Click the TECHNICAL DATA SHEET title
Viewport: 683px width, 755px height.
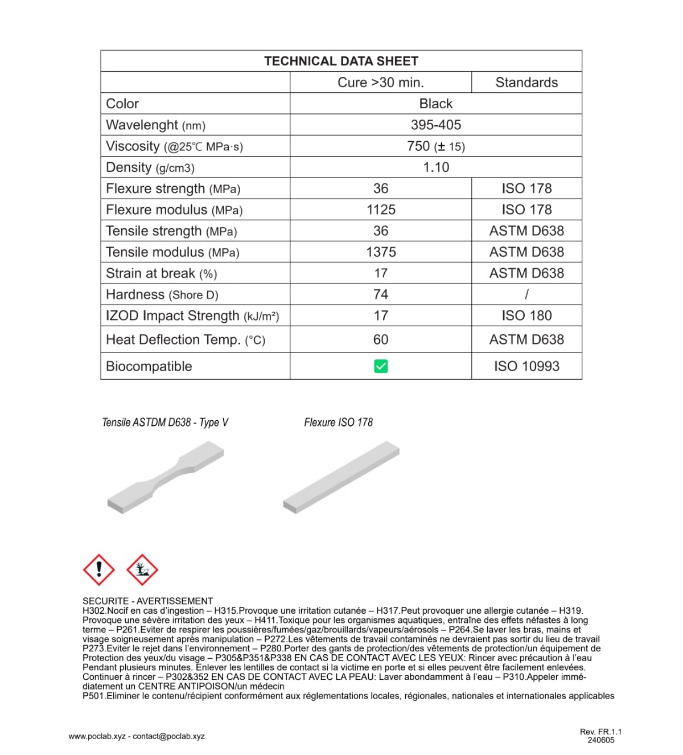coord(341,61)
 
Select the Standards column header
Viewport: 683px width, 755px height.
coord(526,83)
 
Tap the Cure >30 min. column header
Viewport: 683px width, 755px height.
coord(381,83)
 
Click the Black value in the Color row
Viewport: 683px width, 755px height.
coord(436,104)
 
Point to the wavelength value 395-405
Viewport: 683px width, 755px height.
coord(436,125)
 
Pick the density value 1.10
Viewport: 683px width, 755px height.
coord(436,167)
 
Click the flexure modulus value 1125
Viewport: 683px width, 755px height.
coord(381,210)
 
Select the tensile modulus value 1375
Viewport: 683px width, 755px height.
coord(381,252)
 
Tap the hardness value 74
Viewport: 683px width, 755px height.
coord(381,294)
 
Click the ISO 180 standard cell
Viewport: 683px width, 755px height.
coord(526,315)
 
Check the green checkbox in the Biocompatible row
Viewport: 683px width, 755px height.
coord(381,366)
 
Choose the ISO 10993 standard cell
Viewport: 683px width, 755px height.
coord(526,366)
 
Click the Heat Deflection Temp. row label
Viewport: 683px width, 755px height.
coord(186,340)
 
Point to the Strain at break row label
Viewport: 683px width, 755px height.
coord(161,273)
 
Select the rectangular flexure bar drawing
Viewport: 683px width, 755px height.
coord(341,477)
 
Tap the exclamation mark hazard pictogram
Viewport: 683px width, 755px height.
coord(99,569)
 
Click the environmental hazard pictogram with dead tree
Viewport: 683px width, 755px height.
coord(142,569)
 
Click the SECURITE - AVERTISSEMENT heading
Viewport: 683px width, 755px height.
coord(147,601)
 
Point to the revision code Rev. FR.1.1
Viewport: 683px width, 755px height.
coord(600,732)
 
